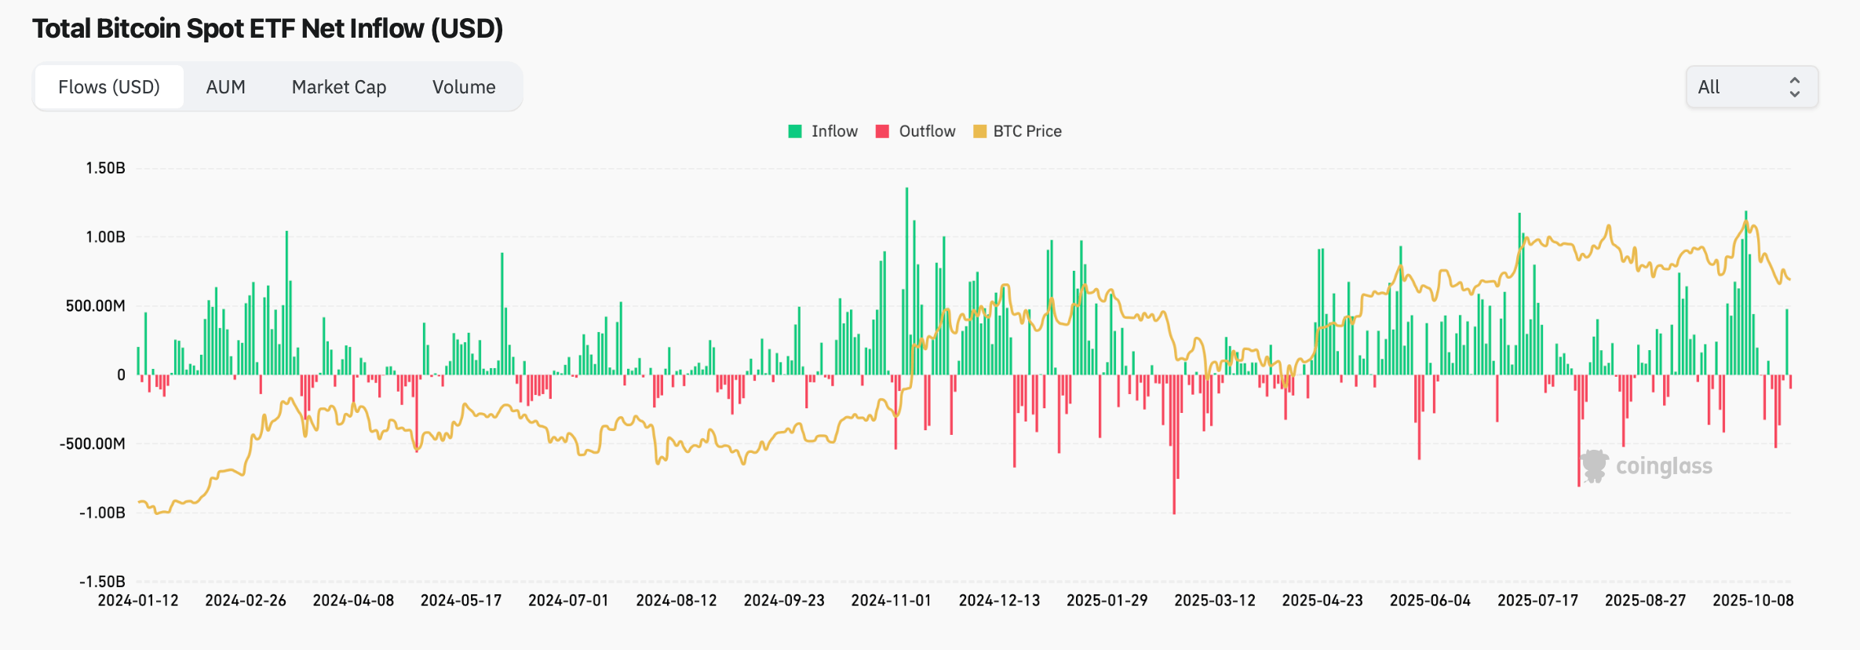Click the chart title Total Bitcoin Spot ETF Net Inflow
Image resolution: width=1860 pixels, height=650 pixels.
[x=268, y=29]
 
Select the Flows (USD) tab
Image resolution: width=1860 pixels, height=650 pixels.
[x=109, y=87]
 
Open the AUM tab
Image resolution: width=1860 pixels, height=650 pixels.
[x=225, y=87]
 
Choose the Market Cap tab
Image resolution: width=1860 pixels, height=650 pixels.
[x=339, y=87]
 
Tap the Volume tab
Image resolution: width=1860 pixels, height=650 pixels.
[x=464, y=87]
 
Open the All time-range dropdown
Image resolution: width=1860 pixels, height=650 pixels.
[x=1751, y=87]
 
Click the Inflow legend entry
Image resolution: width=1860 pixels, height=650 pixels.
[x=824, y=131]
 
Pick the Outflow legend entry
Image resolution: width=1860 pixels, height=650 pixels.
[x=917, y=131]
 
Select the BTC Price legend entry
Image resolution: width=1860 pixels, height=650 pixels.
[x=1018, y=131]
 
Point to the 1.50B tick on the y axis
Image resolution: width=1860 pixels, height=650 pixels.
[x=105, y=168]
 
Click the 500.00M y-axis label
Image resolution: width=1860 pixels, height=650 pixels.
[x=95, y=305]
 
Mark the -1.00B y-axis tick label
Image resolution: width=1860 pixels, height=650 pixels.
[x=102, y=513]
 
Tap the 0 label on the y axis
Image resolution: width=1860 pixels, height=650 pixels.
[x=121, y=375]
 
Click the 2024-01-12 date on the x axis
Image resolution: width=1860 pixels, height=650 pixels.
[x=138, y=601]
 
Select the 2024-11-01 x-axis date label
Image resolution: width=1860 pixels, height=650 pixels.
[x=892, y=601]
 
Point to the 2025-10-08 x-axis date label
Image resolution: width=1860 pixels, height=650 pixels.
[x=1752, y=601]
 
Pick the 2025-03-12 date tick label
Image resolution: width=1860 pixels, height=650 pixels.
[x=1215, y=601]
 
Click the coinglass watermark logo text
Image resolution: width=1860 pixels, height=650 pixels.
[x=1663, y=466]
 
